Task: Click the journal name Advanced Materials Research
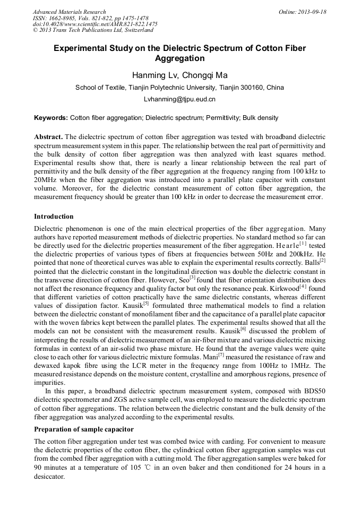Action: pyautogui.click(x=69, y=12)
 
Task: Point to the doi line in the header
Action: pyautogui.click(x=95, y=24)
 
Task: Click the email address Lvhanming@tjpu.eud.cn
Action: pyautogui.click(x=179, y=99)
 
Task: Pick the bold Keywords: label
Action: pyautogui.click(x=51, y=118)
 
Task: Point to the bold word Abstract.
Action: pyautogui.click(x=48, y=136)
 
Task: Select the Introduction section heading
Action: pyautogui.click(x=54, y=217)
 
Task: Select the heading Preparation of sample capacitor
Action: pyautogui.click(x=84, y=429)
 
